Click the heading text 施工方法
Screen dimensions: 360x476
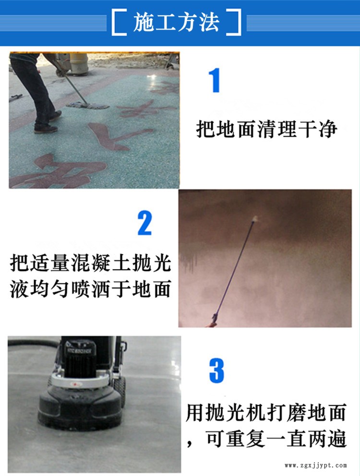pos(176,23)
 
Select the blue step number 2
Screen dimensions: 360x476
pos(144,223)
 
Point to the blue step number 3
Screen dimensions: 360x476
pos(216,370)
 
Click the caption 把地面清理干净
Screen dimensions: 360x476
pos(266,129)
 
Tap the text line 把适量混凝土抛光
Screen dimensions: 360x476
pos(91,263)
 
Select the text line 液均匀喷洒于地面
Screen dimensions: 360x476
pos(91,289)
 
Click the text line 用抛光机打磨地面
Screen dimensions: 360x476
pos(266,413)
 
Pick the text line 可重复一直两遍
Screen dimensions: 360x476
pos(276,439)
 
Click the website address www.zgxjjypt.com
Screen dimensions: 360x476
pos(315,465)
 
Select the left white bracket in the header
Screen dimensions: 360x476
pos(119,23)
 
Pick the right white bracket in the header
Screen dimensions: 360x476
pos(234,23)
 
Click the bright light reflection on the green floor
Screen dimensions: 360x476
pos(153,82)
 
